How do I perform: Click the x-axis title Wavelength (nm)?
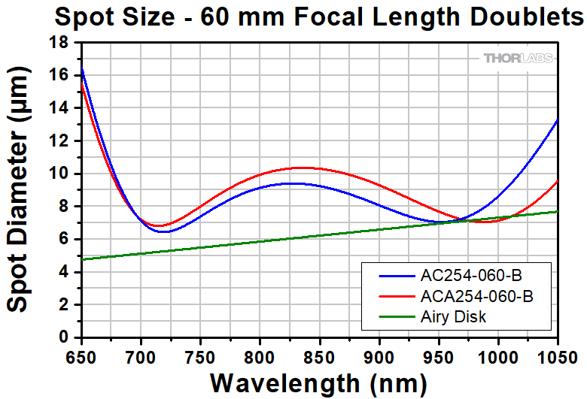(x=319, y=382)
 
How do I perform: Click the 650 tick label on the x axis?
(x=81, y=354)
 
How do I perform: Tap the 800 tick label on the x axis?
(x=260, y=354)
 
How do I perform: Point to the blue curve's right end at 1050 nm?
(x=557, y=119)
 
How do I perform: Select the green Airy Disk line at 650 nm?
(x=81, y=259)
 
